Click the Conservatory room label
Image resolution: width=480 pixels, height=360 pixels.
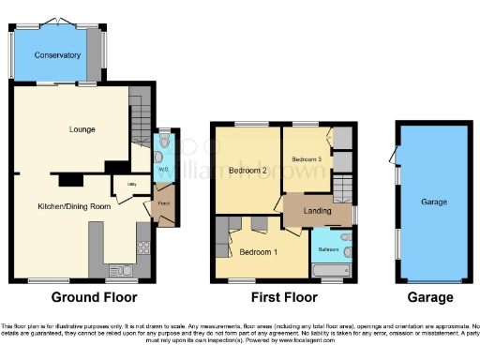click(x=57, y=55)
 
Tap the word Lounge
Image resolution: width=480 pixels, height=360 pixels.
click(x=83, y=128)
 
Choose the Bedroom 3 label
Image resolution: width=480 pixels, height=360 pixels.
click(x=306, y=160)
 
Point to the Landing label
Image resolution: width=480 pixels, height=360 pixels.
click(x=317, y=211)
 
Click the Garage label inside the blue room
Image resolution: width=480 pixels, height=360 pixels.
click(x=432, y=202)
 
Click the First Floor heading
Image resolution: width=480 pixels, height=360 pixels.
click(x=283, y=298)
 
